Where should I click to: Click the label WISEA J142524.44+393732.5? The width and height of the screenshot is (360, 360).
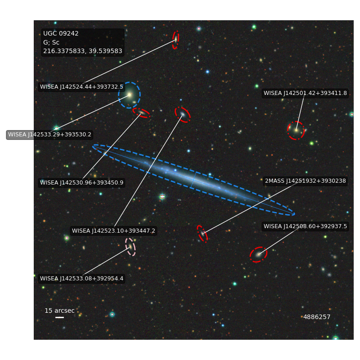click(81, 87)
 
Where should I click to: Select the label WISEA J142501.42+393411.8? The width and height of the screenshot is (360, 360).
click(305, 93)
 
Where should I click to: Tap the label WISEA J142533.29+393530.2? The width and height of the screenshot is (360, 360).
click(49, 134)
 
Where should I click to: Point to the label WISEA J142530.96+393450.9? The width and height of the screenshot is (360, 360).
click(81, 183)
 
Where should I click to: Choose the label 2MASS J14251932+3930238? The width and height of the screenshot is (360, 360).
click(306, 181)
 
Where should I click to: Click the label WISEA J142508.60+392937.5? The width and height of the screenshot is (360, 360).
click(305, 226)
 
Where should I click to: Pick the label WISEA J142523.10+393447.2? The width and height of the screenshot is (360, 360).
click(113, 230)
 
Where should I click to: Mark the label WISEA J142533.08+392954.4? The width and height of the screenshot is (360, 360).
click(81, 278)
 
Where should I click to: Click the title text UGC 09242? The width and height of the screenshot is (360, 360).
click(61, 33)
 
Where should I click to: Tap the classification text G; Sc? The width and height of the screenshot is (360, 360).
click(51, 42)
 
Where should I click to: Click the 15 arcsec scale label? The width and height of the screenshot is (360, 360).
click(59, 310)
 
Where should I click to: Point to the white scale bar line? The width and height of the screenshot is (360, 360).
click(59, 317)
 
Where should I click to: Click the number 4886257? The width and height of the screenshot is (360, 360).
click(317, 317)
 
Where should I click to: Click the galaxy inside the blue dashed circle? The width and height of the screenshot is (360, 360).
click(130, 94)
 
